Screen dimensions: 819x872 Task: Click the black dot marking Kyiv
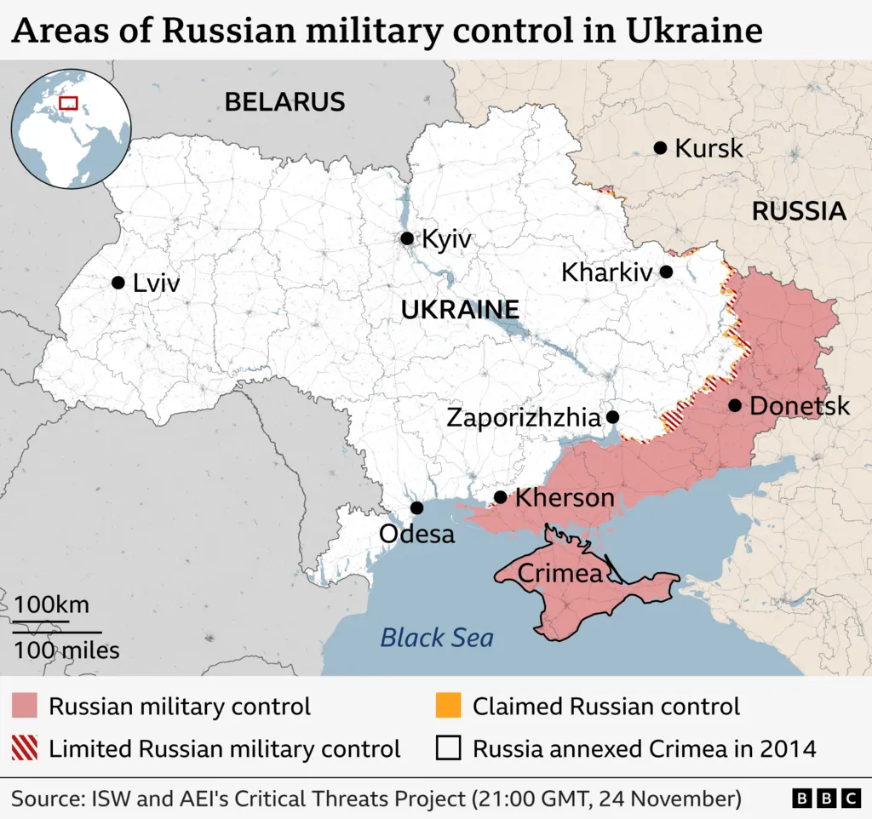pos(407,238)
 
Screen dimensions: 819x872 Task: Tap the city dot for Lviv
pos(118,283)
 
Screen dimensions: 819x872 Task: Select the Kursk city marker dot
pos(660,148)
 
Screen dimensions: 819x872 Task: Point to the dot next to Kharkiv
pos(666,272)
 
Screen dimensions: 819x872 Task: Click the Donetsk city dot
pos(734,405)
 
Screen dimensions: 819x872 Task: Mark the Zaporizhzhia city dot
pos(611,417)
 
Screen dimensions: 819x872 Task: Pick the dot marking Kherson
pos(500,497)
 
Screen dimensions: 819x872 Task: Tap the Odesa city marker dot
pos(416,508)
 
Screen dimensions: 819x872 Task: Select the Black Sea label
pos(437,637)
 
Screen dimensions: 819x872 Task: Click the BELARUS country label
pos(284,102)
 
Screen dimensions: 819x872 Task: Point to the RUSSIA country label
pos(799,211)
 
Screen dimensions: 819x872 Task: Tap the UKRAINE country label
pos(460,310)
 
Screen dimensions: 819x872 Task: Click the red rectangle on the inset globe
pos(68,103)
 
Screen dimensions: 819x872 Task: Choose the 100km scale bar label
pos(51,605)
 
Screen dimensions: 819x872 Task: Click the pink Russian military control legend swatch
pos(24,706)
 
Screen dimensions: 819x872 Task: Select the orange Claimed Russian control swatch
pos(448,706)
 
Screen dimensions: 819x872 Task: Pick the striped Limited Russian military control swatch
pos(24,748)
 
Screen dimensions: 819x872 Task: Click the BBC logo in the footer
pos(826,799)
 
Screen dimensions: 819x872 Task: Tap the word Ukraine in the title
pos(693,31)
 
